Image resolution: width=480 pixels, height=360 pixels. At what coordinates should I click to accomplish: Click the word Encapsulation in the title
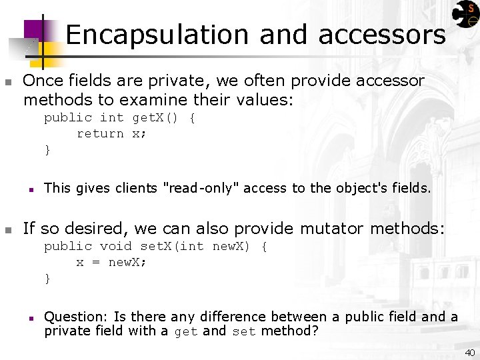pos(157,35)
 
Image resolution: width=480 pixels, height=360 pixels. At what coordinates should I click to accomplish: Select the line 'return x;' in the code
pos(111,134)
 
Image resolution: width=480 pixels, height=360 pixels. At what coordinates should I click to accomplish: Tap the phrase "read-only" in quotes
pos(201,189)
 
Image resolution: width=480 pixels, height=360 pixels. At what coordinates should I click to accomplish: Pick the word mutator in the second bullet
pos(331,229)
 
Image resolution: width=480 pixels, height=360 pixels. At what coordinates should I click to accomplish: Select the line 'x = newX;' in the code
pos(111,263)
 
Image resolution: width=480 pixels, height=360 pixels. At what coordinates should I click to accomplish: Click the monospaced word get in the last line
pos(186,331)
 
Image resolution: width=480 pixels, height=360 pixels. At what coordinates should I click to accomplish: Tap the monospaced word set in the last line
pos(243,331)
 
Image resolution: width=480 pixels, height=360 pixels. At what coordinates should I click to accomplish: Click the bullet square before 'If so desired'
pos(8,230)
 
